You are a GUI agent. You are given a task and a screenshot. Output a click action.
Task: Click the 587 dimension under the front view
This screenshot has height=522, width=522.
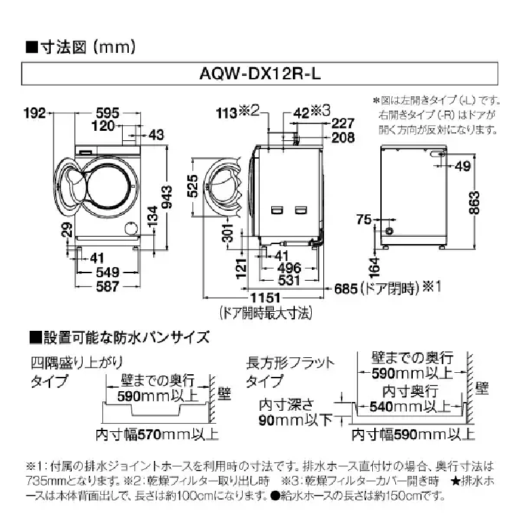[106, 286]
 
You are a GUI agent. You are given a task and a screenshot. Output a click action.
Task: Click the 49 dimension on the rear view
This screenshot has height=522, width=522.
[463, 167]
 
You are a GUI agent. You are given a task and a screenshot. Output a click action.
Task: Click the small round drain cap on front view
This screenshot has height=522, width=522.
[129, 229]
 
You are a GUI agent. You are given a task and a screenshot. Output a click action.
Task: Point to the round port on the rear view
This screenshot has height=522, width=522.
[390, 231]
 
